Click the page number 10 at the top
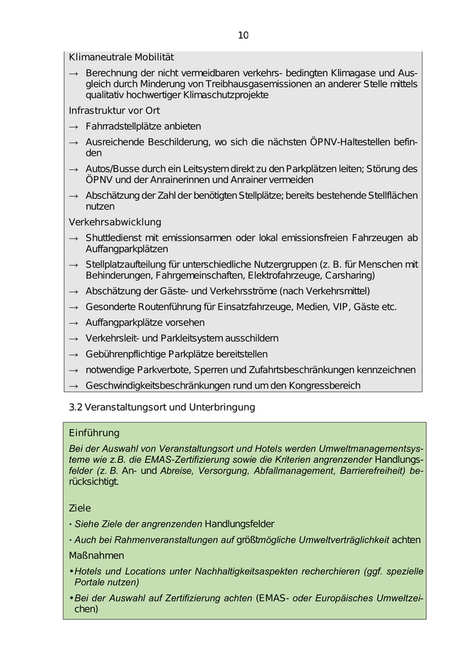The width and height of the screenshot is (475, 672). (x=244, y=35)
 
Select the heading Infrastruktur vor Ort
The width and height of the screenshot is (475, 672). (x=115, y=110)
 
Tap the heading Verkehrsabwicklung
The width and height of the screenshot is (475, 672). (x=115, y=222)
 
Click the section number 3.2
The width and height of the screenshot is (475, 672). (x=76, y=407)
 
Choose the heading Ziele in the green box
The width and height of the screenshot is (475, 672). (x=80, y=508)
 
